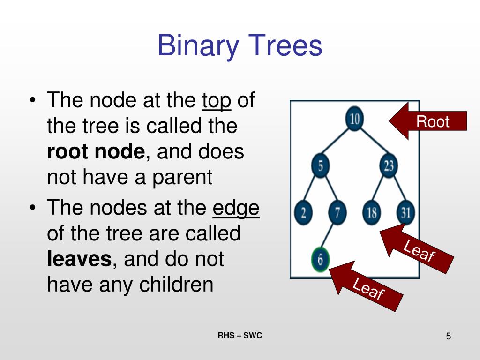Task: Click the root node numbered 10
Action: (355, 119)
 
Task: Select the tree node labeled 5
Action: (321, 165)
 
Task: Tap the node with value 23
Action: (389, 165)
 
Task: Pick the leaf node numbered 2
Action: (303, 213)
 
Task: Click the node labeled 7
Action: (337, 213)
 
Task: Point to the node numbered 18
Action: (371, 213)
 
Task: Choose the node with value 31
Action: (406, 213)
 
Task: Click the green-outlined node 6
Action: (321, 259)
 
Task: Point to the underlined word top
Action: (217, 101)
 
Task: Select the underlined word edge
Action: (236, 208)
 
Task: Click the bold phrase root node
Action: (96, 152)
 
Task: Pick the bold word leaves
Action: (79, 259)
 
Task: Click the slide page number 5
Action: (448, 336)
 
